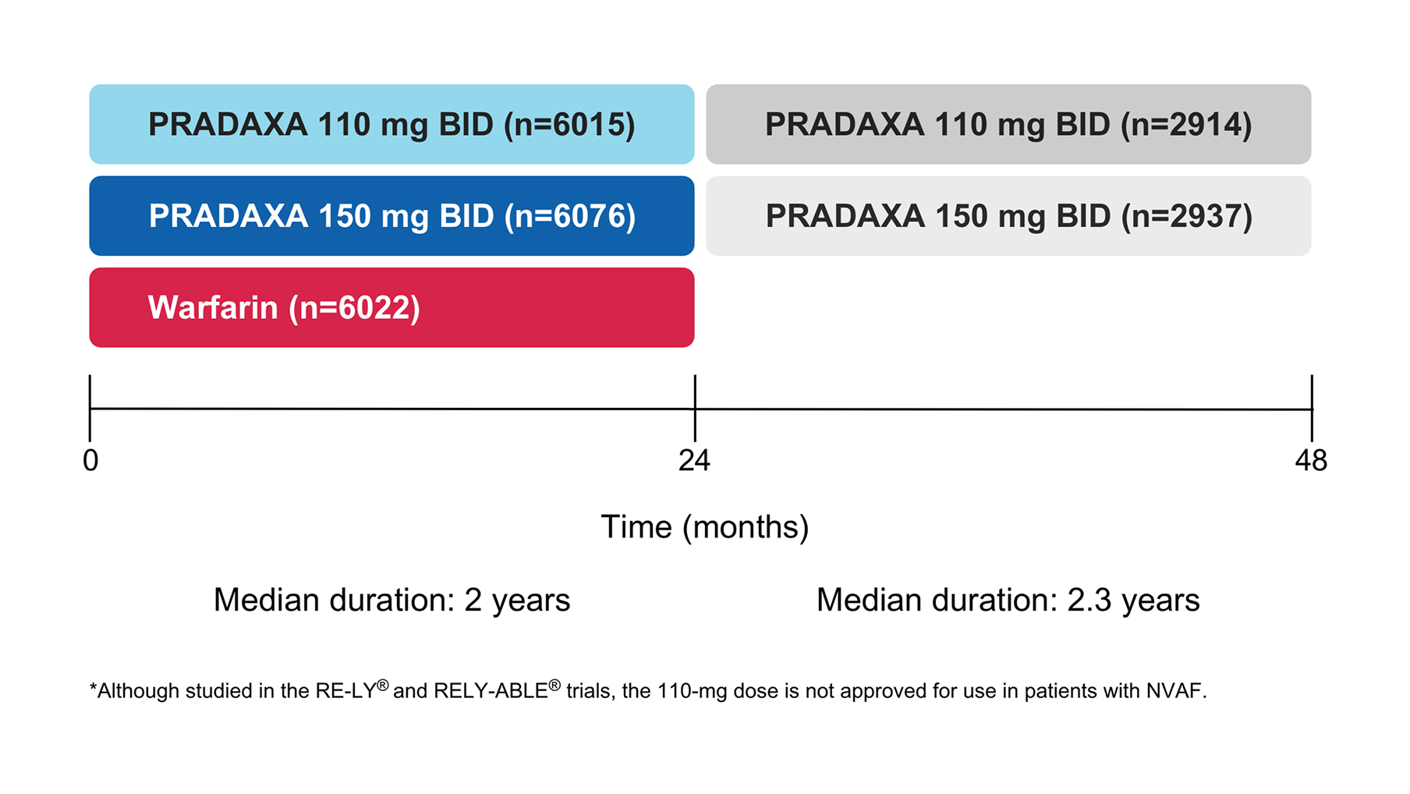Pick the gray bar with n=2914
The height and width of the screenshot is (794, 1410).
click(1008, 124)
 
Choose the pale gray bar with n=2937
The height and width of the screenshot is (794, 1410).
click(1008, 216)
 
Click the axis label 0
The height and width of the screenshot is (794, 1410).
click(90, 460)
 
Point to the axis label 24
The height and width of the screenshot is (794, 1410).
click(694, 460)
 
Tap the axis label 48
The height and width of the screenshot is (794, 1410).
click(1311, 460)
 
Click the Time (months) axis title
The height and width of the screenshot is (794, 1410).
click(704, 527)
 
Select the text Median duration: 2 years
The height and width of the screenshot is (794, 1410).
click(391, 600)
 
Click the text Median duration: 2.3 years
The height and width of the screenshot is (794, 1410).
click(1008, 600)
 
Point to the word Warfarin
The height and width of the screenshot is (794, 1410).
click(212, 307)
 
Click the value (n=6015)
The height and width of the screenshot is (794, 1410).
click(570, 125)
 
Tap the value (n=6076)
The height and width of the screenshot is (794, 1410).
click(570, 216)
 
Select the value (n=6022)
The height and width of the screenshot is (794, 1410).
click(355, 307)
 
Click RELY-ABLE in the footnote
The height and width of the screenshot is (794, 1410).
click(491, 691)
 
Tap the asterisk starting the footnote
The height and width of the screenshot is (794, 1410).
click(94, 689)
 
